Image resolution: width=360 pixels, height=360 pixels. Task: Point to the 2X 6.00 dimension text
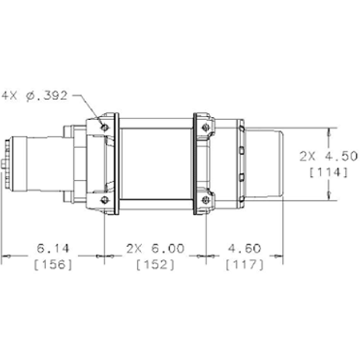154,249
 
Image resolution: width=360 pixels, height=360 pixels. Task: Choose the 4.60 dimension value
243,249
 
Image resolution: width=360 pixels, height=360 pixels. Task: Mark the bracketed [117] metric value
243,264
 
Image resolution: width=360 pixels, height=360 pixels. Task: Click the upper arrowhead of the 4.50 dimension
335,132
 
